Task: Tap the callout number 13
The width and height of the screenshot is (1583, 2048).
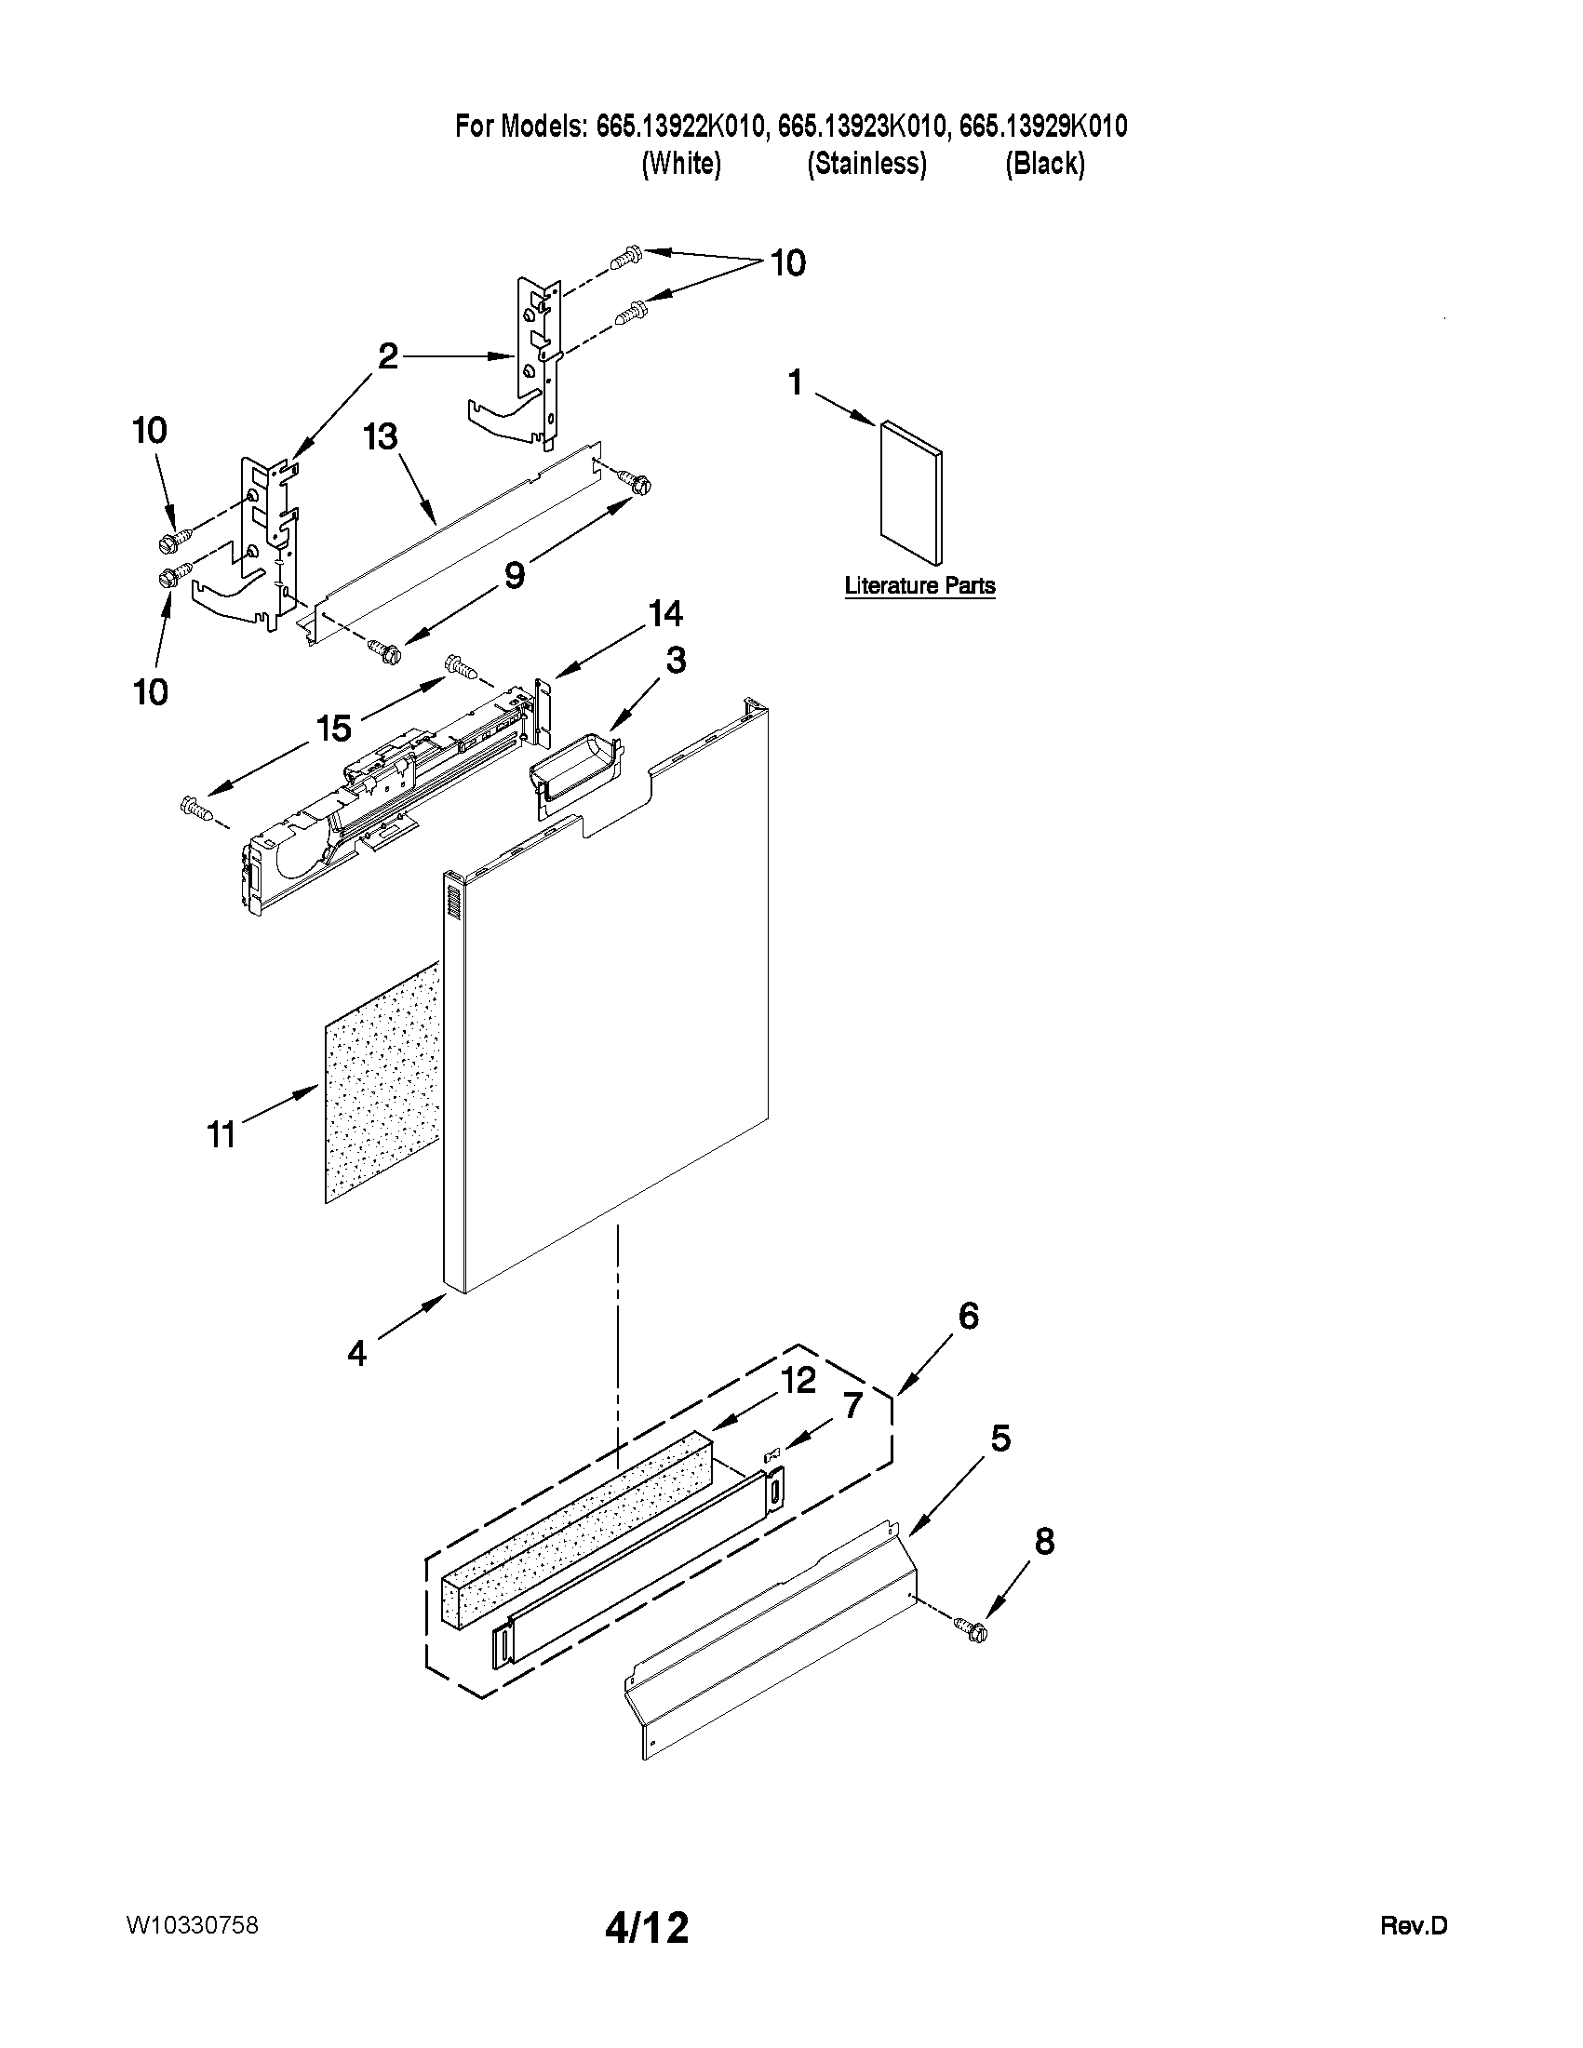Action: [382, 438]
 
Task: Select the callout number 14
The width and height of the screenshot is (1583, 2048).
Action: [665, 614]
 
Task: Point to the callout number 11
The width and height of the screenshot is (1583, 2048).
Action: [221, 1135]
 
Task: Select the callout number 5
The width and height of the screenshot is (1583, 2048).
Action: [1000, 1439]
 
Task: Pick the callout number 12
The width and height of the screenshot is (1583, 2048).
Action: [798, 1380]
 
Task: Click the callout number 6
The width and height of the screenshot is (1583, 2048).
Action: [969, 1316]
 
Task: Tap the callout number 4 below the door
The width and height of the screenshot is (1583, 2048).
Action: [357, 1353]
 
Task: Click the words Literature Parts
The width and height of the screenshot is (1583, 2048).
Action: [919, 586]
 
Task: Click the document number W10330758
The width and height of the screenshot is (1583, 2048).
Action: [193, 1926]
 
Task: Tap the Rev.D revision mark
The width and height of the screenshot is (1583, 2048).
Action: [1414, 1927]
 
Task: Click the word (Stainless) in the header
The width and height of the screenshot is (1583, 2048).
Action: [866, 164]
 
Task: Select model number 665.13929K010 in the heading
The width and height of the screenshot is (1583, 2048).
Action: [1043, 127]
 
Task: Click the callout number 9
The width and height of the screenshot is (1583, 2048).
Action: [515, 575]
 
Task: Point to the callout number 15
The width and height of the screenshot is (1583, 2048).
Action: [334, 727]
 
